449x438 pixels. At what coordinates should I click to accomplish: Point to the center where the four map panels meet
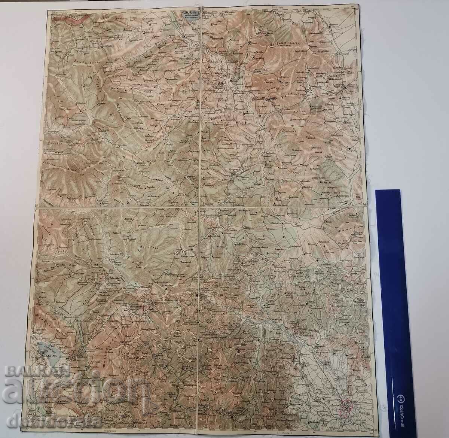(x=201, y=206)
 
